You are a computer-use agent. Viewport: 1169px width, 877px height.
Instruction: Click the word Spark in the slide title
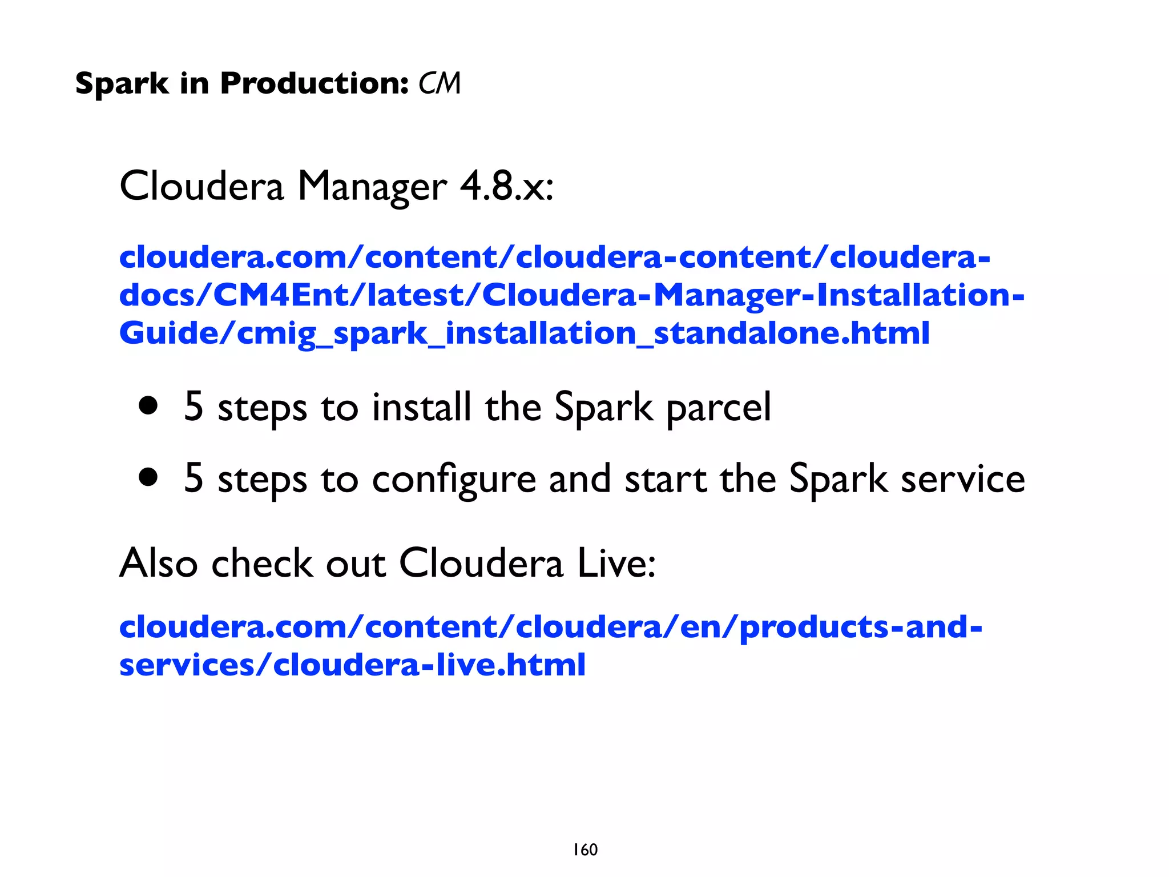[122, 84]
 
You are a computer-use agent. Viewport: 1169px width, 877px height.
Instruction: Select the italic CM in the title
[439, 84]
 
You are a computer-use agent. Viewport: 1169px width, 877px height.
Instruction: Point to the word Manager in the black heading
[372, 187]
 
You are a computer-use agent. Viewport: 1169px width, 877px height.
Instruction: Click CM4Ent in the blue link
[281, 295]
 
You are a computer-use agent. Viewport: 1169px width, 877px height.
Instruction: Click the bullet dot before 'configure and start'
[148, 477]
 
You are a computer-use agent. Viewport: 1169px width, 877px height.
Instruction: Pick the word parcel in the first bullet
[719, 408]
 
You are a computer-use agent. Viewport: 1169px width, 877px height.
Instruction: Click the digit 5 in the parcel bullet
[194, 407]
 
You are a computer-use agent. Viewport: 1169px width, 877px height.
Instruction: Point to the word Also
[158, 563]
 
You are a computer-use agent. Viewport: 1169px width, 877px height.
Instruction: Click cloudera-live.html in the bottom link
[429, 665]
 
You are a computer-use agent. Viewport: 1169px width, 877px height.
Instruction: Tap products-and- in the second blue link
[861, 627]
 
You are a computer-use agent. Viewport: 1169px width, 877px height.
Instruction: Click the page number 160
[585, 850]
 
